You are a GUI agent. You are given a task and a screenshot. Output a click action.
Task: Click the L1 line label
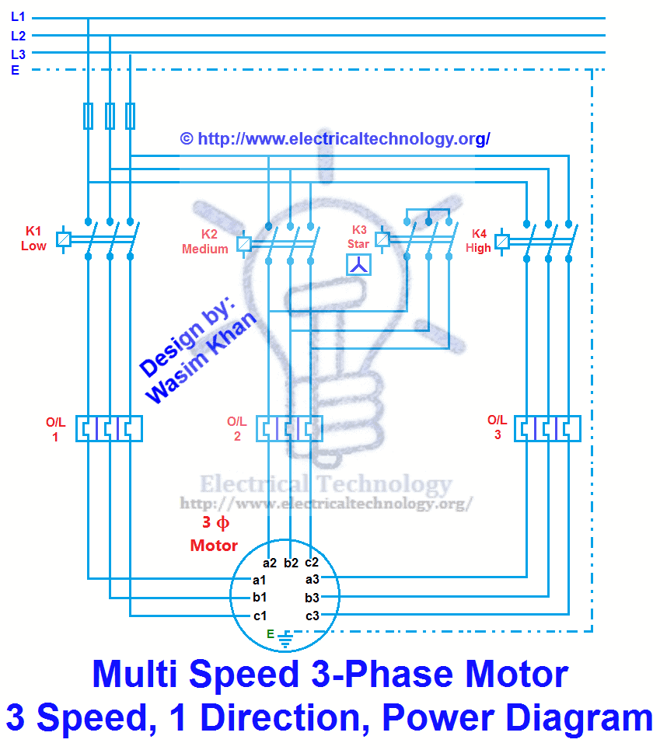[x=18, y=16]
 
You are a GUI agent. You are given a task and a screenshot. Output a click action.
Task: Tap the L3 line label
[x=18, y=54]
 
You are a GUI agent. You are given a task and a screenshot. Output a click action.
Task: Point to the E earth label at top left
[x=15, y=71]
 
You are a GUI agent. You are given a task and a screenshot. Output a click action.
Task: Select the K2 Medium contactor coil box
[x=243, y=244]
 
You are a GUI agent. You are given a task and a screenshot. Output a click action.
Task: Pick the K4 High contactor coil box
[x=502, y=242]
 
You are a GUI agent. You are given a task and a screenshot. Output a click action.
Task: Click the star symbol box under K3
[x=359, y=265]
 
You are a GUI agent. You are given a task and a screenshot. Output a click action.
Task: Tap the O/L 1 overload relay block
[x=109, y=428]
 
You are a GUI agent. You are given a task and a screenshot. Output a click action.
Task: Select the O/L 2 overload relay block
[x=289, y=428]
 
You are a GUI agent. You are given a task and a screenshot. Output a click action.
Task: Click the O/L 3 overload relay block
[x=547, y=428]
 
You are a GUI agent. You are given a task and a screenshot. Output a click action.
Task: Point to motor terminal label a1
[x=260, y=580]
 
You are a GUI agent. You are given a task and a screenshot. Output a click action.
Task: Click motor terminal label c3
[x=313, y=616]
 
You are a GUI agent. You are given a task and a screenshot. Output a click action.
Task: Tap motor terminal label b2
[x=292, y=563]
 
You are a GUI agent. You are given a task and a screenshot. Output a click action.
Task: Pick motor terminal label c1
[x=260, y=616]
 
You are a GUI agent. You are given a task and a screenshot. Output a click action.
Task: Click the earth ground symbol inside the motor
[x=285, y=639]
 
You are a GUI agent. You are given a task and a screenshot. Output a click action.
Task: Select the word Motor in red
[x=214, y=546]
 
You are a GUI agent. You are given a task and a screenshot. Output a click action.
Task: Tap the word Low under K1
[x=33, y=246]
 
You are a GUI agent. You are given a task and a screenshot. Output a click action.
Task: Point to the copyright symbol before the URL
[x=186, y=138]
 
